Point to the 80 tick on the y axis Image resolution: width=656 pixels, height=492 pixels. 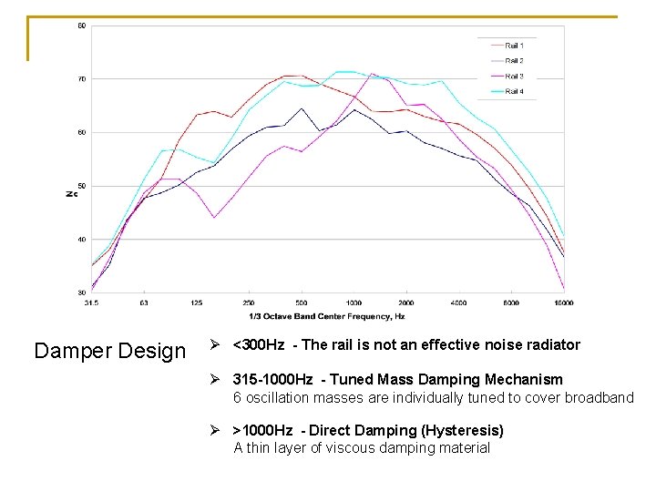[x=81, y=26]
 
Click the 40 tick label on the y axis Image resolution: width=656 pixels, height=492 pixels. [x=81, y=240]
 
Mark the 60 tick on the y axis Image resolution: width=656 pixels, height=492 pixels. [x=81, y=132]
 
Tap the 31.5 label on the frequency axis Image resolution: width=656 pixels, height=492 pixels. [x=91, y=302]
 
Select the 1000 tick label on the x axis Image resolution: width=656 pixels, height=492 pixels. [x=354, y=302]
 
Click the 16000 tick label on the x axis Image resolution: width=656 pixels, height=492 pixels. [x=563, y=302]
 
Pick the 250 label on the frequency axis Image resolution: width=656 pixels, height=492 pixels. [x=249, y=302]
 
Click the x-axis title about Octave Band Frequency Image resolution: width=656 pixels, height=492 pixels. [x=325, y=316]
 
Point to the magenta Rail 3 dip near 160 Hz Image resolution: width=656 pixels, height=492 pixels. [x=214, y=217]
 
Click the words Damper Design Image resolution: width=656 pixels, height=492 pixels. [x=109, y=351]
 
